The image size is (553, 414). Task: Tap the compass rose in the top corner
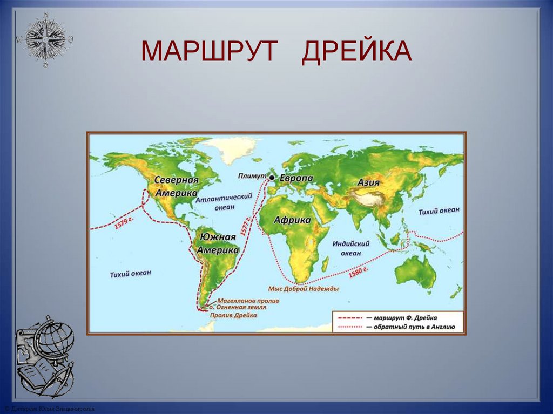coord(45,39)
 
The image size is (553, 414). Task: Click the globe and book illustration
coord(44,356)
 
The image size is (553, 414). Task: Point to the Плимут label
coord(253,177)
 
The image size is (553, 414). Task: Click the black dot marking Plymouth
coord(272,178)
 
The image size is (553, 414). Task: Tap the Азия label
coord(368,182)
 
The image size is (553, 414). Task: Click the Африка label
coord(292,220)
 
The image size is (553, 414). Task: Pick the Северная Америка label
coord(177,186)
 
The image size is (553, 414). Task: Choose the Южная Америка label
coord(218,243)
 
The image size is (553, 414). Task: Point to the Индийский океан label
coord(351,248)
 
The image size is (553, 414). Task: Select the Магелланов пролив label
coord(248,300)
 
